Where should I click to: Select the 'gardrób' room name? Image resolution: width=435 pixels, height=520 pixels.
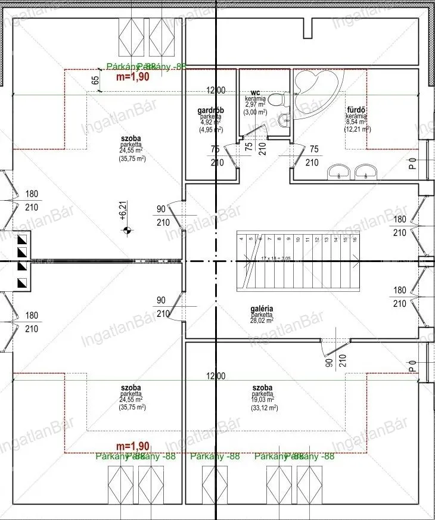tap(210, 111)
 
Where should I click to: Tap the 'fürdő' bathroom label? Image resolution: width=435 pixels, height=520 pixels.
tap(356, 110)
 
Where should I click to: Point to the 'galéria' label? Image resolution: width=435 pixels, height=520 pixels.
tap(262, 309)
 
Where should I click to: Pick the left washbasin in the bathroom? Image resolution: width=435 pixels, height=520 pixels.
tap(338, 172)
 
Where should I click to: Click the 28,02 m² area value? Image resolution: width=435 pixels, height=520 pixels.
tap(262, 320)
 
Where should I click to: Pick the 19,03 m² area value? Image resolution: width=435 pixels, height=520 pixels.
tap(262, 400)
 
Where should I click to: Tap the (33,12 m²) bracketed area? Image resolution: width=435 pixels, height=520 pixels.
tap(262, 408)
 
